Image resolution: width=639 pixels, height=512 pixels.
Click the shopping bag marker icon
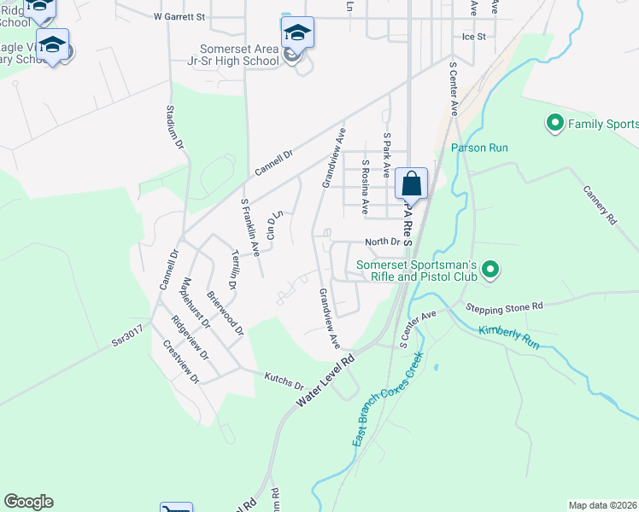(x=411, y=183)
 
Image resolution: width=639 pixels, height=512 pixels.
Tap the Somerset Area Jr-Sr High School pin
(x=297, y=33)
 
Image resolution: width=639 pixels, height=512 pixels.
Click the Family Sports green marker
(x=555, y=125)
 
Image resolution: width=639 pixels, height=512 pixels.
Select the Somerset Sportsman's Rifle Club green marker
(x=490, y=271)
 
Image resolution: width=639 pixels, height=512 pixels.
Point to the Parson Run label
(x=480, y=148)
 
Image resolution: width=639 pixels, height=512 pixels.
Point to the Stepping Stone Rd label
(x=504, y=306)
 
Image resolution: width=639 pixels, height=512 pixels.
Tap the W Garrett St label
(x=180, y=16)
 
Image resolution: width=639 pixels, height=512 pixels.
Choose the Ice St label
(x=473, y=37)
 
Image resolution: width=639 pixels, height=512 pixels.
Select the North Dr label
(x=383, y=242)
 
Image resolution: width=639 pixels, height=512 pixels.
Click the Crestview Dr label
(x=182, y=362)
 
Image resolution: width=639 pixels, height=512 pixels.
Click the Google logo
(x=28, y=502)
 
